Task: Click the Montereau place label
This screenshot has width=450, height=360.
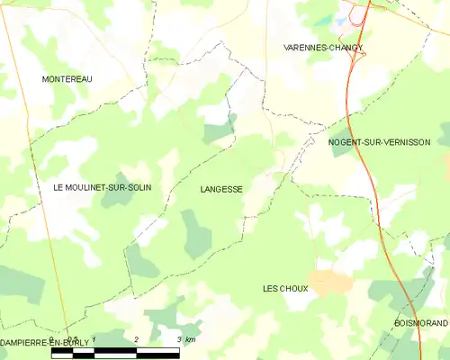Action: [67, 79]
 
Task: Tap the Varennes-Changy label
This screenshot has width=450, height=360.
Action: [322, 47]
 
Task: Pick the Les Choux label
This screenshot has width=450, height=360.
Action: [285, 289]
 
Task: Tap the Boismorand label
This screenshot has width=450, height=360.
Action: [420, 322]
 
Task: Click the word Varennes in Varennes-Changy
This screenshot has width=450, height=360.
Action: [303, 47]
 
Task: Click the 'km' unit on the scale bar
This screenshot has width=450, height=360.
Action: [191, 339]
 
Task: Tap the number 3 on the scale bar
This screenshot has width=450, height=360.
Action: [179, 339]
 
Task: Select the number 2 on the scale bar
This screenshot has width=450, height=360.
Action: [136, 339]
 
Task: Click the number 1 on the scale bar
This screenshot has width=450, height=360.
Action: [94, 339]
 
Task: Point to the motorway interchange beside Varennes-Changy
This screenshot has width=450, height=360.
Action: [358, 52]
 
